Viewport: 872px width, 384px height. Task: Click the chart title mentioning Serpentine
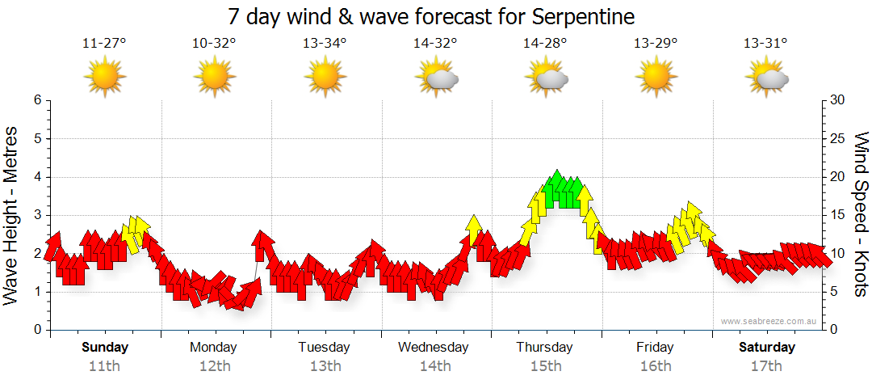tap(436, 16)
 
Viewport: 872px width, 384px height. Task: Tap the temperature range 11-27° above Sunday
tap(104, 43)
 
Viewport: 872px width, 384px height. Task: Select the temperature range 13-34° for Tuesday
tap(325, 43)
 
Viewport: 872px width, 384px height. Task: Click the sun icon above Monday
tap(214, 77)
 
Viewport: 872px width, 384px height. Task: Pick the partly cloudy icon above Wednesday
tap(437, 78)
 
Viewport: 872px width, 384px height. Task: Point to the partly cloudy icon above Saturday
tap(768, 78)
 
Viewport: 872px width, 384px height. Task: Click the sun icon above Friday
tap(656, 77)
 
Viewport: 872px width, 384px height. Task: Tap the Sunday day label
tap(105, 348)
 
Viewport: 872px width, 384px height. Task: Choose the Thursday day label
tap(545, 348)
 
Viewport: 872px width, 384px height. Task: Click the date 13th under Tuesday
tap(325, 366)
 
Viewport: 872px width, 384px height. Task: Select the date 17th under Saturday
tap(766, 366)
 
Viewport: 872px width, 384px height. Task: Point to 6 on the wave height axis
tap(36, 100)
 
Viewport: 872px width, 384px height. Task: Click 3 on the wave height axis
tap(36, 215)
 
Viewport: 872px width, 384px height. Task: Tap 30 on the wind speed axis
tap(839, 100)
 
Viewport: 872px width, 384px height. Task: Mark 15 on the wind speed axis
tap(839, 215)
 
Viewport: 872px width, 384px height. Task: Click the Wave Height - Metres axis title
tap(13, 215)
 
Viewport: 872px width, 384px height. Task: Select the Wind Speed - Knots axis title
tap(861, 215)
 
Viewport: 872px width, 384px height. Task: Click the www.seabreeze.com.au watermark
tap(770, 322)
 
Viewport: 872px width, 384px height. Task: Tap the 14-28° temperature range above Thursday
tap(545, 43)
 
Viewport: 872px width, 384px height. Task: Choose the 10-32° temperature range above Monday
tap(214, 43)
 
